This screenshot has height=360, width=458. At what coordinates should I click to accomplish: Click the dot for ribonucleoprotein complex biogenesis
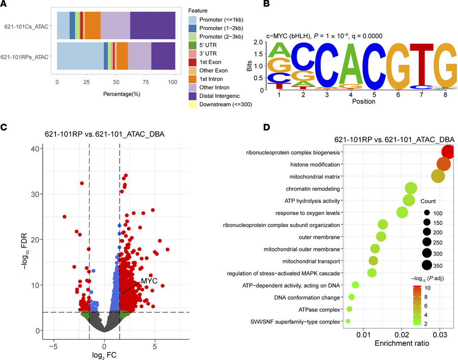point(448,152)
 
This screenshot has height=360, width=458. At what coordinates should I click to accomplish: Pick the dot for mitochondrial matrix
point(438,176)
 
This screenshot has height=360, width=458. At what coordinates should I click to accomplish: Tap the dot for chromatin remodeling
point(411,188)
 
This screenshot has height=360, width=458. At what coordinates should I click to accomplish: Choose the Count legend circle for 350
point(427,265)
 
